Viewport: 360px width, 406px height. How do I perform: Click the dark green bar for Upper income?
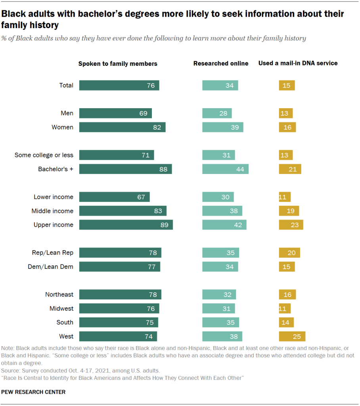pyautogui.click(x=126, y=225)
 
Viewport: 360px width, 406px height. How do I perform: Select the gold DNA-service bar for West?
pyautogui.click(x=292, y=336)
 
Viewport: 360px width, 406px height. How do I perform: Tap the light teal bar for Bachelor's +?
pyautogui.click(x=225, y=169)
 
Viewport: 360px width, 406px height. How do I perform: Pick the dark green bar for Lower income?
pyautogui.click(x=114, y=197)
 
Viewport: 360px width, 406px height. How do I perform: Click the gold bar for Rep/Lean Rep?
pyautogui.click(x=289, y=253)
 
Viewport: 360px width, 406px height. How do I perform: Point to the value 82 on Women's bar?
pyautogui.click(x=157, y=127)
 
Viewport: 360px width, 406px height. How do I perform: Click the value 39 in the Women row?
pyautogui.click(x=235, y=127)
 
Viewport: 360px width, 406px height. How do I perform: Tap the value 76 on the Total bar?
pyautogui.click(x=151, y=85)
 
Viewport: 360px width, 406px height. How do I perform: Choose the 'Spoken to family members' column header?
pyautogui.click(x=118, y=63)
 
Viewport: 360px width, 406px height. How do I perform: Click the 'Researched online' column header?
pyautogui.click(x=221, y=63)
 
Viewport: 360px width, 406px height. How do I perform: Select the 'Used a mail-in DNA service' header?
pyautogui.click(x=298, y=63)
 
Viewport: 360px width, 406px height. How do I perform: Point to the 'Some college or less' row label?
pyautogui.click(x=44, y=155)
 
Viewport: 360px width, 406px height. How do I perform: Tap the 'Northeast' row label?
pyautogui.click(x=59, y=295)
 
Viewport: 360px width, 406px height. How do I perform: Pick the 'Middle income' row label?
pyautogui.click(x=52, y=211)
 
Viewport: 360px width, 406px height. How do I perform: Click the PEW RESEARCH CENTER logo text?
pyautogui.click(x=33, y=392)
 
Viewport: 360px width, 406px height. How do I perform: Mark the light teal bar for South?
pyautogui.click(x=220, y=322)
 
